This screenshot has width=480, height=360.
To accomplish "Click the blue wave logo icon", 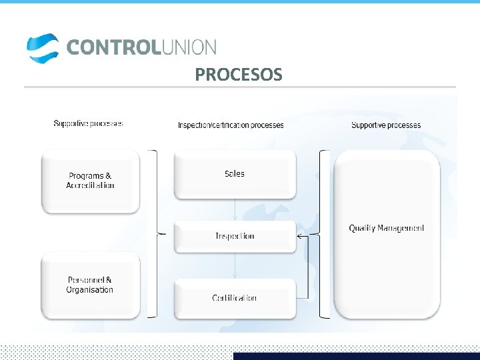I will (43, 47).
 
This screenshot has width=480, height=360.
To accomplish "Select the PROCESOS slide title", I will (238, 75).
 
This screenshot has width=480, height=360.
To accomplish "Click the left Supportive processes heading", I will (88, 123).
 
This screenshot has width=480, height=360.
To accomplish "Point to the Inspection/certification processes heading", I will (231, 125).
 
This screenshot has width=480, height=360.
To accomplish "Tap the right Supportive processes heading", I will (386, 125).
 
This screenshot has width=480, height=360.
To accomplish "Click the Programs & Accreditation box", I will (91, 181).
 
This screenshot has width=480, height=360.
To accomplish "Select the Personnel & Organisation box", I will (91, 285).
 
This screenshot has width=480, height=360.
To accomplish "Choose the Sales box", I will (235, 174).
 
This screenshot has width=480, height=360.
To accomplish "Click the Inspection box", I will (235, 236).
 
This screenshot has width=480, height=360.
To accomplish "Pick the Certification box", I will (235, 298).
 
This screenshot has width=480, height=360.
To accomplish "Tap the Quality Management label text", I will (387, 228).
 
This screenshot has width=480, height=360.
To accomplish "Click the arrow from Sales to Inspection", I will (235, 210).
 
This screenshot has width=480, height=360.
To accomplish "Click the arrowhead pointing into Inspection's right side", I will (299, 236).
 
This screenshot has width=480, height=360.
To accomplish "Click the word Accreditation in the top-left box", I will (91, 185).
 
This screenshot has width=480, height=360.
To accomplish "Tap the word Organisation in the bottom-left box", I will (90, 290).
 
